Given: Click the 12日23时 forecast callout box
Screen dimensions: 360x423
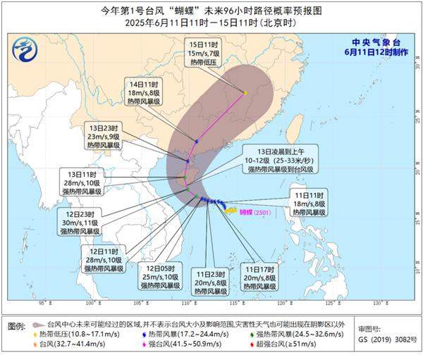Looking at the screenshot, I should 80,222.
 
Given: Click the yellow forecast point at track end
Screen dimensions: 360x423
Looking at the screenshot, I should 245,92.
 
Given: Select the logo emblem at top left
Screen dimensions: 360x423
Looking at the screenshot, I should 27,49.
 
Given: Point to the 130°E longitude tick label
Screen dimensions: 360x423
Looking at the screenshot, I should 377,303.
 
